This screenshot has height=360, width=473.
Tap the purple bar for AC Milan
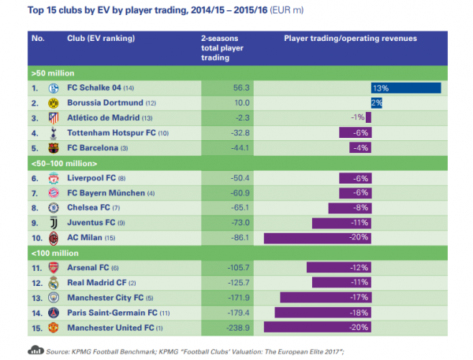point(315,237)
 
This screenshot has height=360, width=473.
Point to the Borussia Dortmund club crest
point(54,102)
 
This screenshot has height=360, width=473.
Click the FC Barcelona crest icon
point(54,147)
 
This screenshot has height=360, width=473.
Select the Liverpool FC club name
point(97,177)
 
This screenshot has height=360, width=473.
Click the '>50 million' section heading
point(50,72)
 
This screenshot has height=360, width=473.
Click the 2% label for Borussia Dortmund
point(376,102)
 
